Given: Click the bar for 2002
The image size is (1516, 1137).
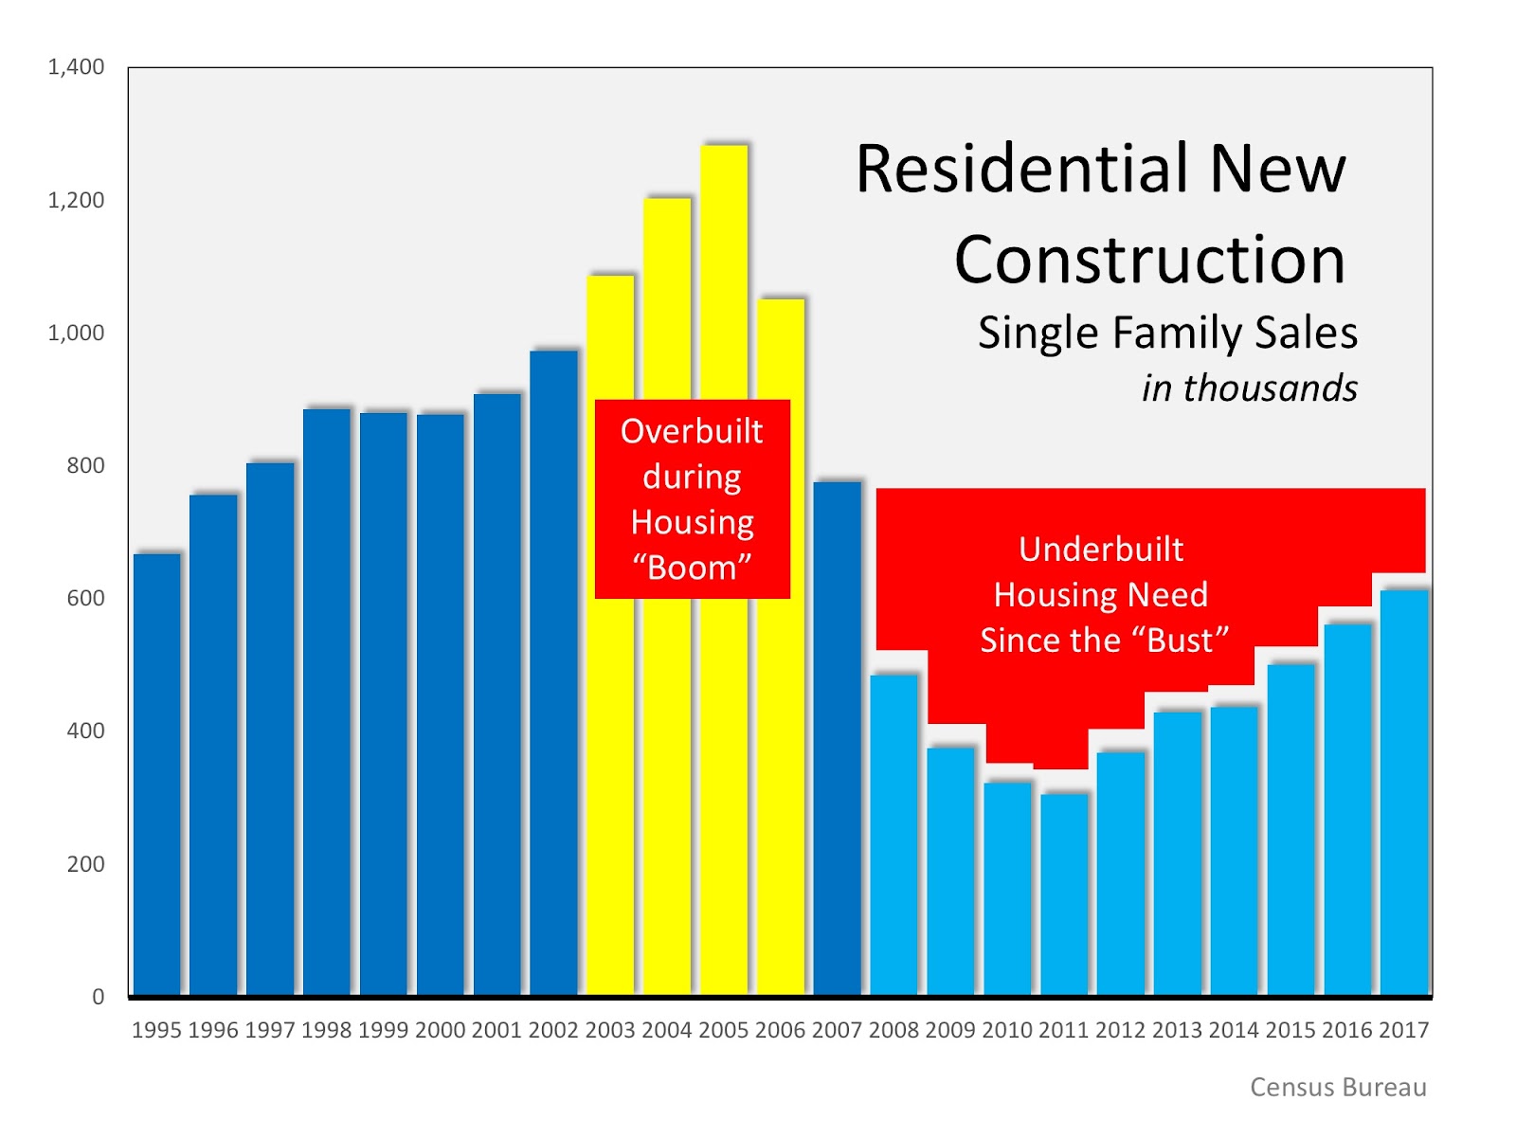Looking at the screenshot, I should (553, 673).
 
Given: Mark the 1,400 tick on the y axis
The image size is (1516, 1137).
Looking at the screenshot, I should (76, 67).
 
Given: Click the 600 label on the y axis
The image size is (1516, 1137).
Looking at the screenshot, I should (85, 598).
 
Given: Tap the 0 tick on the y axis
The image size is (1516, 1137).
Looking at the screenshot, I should (98, 997).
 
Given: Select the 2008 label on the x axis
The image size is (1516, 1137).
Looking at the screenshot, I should (893, 1030).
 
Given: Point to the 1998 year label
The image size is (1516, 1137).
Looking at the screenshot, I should (327, 1030).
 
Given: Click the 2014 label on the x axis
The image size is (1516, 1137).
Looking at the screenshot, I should (1234, 1030).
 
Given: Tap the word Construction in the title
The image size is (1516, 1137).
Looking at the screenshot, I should (1149, 260).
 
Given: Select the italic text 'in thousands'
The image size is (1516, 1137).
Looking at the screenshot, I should (1249, 388).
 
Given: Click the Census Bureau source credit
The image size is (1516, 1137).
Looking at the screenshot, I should (1338, 1087).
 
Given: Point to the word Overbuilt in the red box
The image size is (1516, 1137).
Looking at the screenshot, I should (692, 432).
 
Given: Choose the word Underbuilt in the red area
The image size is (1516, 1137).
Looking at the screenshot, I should (1101, 550).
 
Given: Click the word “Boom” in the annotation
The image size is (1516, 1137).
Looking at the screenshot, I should (692, 568).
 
